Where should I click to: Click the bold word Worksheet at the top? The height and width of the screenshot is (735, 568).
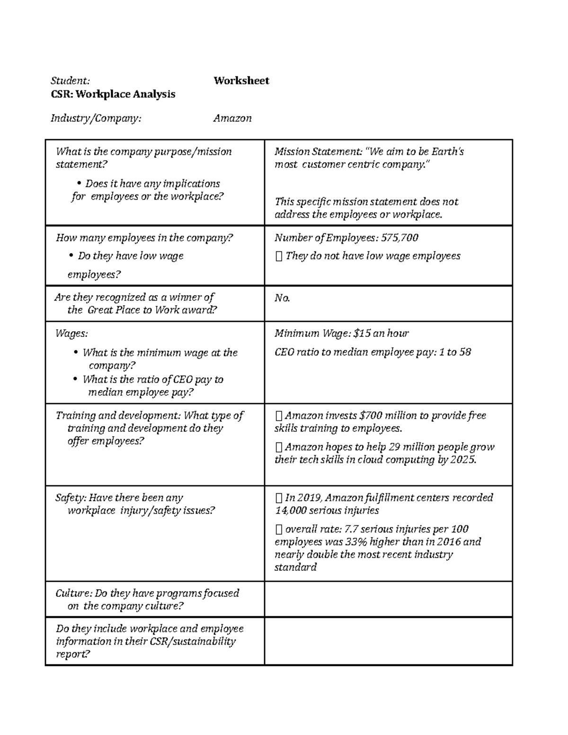[x=241, y=80]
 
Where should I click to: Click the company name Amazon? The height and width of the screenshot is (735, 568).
[x=232, y=118]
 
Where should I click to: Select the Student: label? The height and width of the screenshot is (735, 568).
[x=70, y=81]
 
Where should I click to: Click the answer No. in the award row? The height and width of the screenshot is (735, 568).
[x=282, y=298]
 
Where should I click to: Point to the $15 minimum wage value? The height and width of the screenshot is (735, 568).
[x=362, y=333]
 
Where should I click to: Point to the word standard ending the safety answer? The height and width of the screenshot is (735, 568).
[x=295, y=567]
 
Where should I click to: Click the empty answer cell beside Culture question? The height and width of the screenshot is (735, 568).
[x=388, y=599]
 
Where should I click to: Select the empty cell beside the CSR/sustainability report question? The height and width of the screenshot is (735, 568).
[x=388, y=641]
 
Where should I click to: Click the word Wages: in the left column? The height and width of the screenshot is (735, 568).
[x=71, y=333]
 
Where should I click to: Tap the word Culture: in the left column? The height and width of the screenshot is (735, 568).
[x=73, y=593]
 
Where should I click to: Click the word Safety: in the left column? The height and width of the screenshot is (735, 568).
[x=71, y=498]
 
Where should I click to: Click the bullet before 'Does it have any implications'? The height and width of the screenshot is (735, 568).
[x=79, y=184]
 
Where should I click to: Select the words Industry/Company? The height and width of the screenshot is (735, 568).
[x=96, y=118]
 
